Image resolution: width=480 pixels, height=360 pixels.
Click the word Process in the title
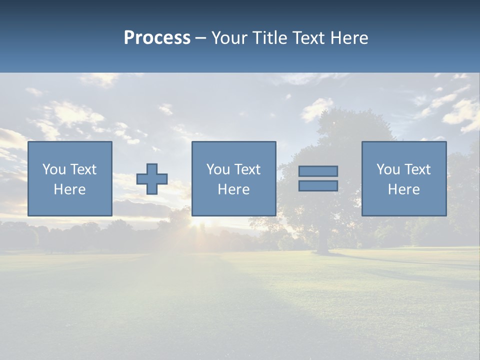[x=157, y=38]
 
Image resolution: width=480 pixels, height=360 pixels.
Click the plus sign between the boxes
[x=152, y=179]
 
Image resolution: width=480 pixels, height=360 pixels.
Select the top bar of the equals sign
[x=318, y=171]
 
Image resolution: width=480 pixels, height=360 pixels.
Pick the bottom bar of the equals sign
[x=318, y=185]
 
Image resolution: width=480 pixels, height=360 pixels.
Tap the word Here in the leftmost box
[x=70, y=189]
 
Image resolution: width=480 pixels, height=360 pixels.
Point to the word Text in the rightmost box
[x=417, y=169]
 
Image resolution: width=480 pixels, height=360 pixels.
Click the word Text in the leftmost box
[x=83, y=169]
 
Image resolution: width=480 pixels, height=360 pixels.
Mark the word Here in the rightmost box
[x=404, y=189]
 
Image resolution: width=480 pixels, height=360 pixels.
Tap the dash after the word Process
[x=201, y=38]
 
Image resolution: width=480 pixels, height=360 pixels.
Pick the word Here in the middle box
[x=233, y=189]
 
